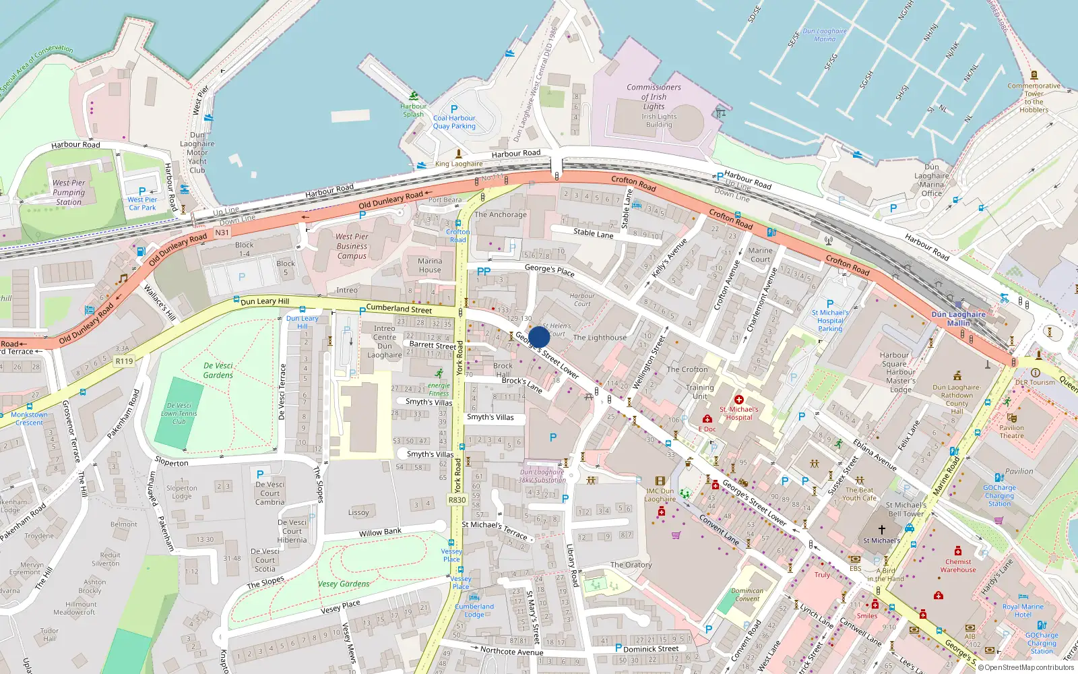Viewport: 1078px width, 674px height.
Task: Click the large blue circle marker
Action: [x=539, y=337]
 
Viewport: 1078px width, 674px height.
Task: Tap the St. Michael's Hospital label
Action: [x=738, y=413]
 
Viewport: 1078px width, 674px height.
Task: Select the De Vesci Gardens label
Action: [x=218, y=370]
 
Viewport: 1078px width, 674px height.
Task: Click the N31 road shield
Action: [x=222, y=233]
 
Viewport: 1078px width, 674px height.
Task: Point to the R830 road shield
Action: [x=457, y=499]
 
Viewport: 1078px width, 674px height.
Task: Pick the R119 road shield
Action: [x=124, y=361]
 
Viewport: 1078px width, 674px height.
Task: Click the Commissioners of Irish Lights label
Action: [x=654, y=97]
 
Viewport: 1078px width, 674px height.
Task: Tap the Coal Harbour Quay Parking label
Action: [x=454, y=122]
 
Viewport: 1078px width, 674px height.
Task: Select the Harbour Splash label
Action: [x=413, y=110]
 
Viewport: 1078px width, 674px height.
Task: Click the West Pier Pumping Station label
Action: [x=69, y=192]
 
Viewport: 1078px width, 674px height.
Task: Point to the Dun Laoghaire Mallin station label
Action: [x=958, y=319]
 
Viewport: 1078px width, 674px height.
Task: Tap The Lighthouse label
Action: [x=600, y=338]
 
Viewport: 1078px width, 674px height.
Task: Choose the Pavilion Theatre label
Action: [x=1011, y=431]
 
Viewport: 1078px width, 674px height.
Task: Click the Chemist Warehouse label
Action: [x=958, y=565]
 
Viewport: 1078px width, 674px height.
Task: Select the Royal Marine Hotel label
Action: [x=1023, y=611]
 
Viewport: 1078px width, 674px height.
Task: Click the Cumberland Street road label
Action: [x=399, y=309]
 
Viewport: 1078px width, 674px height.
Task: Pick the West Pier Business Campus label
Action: [x=352, y=246]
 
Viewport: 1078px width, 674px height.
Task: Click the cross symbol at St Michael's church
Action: [x=881, y=530]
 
